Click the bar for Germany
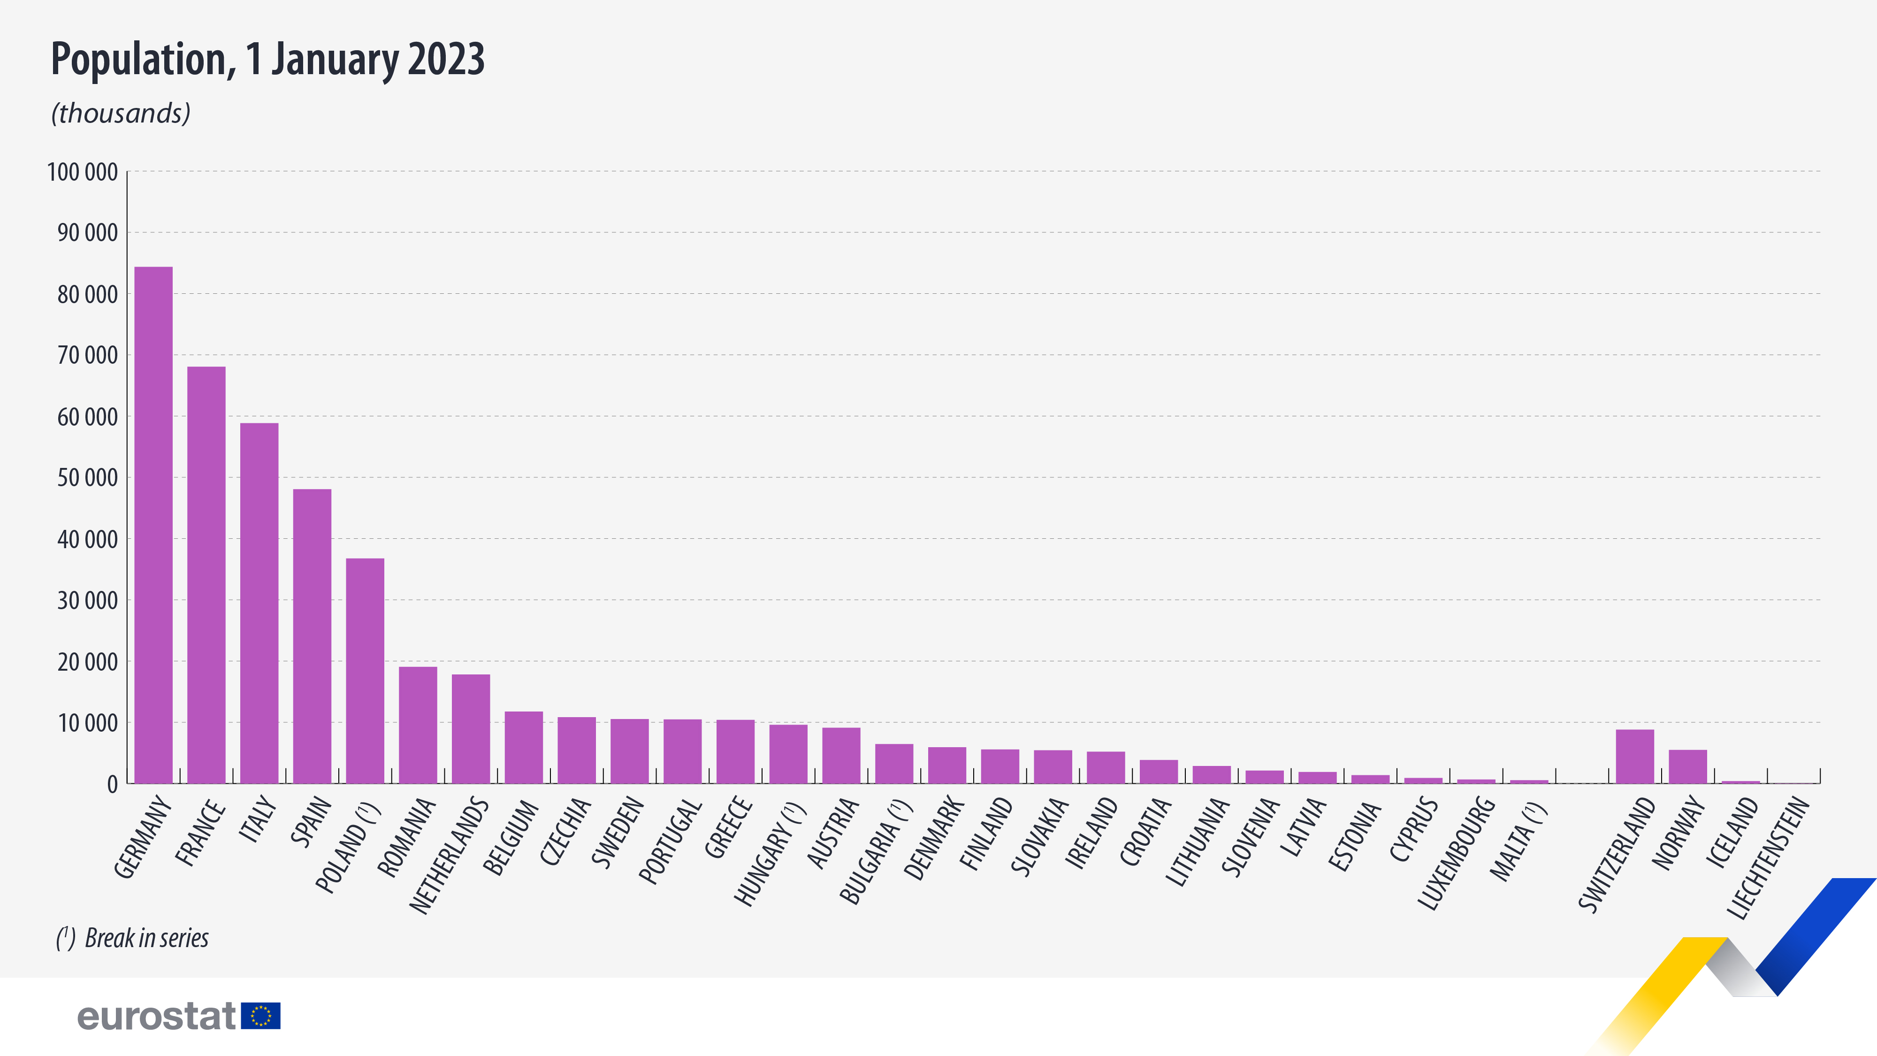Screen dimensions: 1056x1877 [154, 525]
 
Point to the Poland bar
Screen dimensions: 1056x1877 [365, 671]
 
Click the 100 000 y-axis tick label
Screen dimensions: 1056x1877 [82, 172]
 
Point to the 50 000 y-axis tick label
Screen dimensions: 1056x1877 [87, 478]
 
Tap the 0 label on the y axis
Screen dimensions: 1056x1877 [112, 784]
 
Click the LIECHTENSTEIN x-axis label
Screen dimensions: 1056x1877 [1769, 857]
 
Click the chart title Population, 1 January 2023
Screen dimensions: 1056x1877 [267, 59]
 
